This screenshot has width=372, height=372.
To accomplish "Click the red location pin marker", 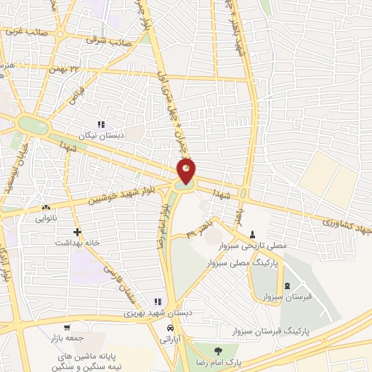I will (187, 172).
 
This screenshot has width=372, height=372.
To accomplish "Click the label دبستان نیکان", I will (121, 135).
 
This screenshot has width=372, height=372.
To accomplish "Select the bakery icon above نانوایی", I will (46, 207).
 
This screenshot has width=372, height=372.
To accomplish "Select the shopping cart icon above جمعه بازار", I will (67, 328).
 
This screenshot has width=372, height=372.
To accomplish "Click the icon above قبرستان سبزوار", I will (288, 285).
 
